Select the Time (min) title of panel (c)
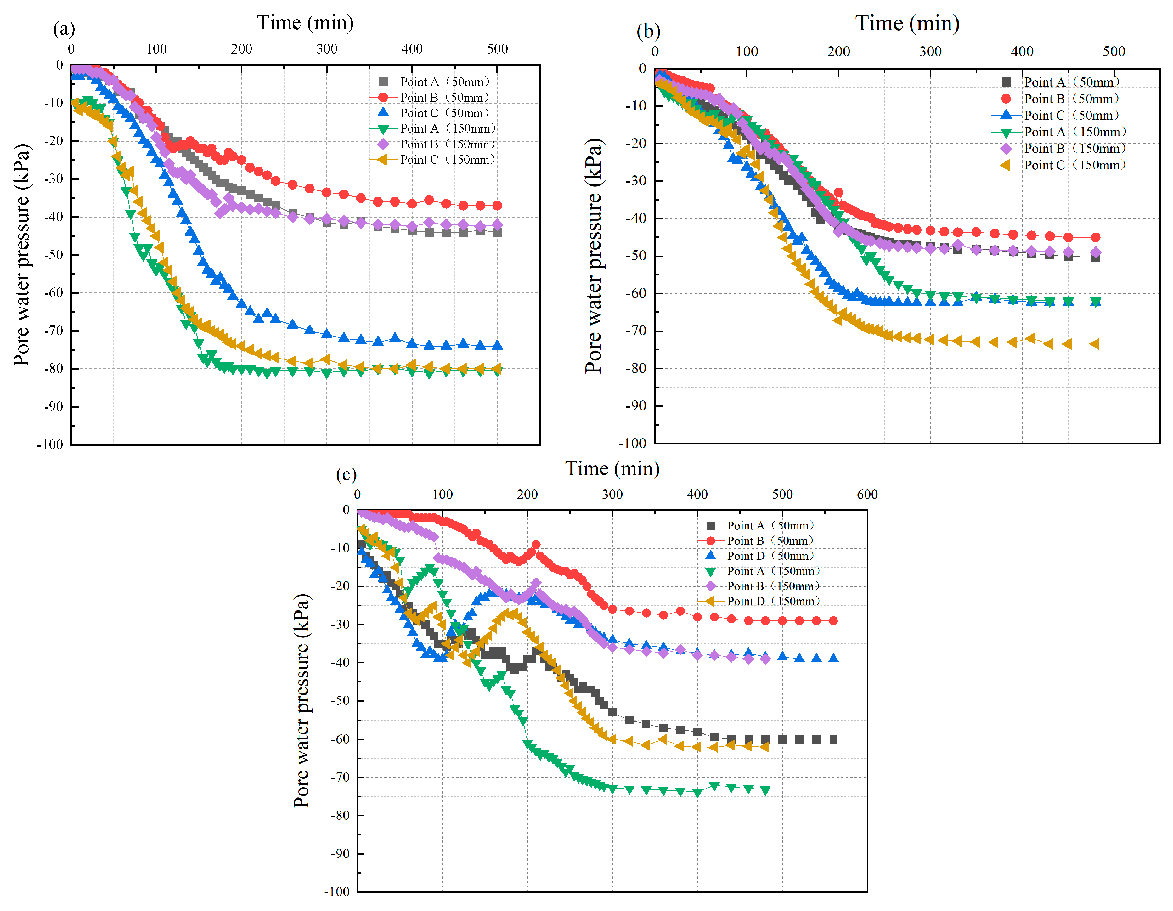pyautogui.click(x=612, y=468)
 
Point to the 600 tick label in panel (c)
pyautogui.click(x=867, y=494)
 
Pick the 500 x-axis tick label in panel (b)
pyautogui.click(x=1114, y=52)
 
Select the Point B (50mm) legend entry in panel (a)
pyautogui.click(x=444, y=97)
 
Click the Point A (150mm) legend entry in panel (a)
pyautogui.click(x=448, y=128)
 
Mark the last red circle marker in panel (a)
pyautogui.click(x=497, y=206)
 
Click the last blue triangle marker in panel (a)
pyautogui.click(x=497, y=345)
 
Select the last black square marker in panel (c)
pyautogui.click(x=833, y=739)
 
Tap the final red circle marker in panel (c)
pyautogui.click(x=833, y=620)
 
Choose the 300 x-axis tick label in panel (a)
pyautogui.click(x=327, y=49)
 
